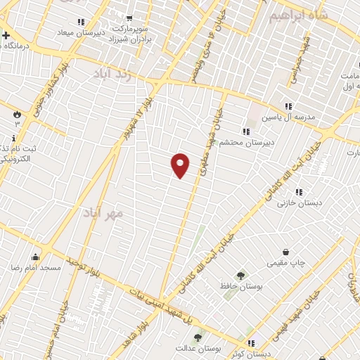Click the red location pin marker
tap(181, 165)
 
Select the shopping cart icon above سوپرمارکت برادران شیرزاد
tap(128, 19)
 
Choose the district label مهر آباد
tap(103, 212)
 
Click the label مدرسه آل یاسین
tap(286, 117)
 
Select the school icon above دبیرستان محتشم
tap(245, 131)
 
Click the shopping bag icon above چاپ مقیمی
tap(285, 252)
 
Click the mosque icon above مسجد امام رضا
tap(36, 257)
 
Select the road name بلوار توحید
tap(82, 266)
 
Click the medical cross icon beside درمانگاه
tap(6, 35)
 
